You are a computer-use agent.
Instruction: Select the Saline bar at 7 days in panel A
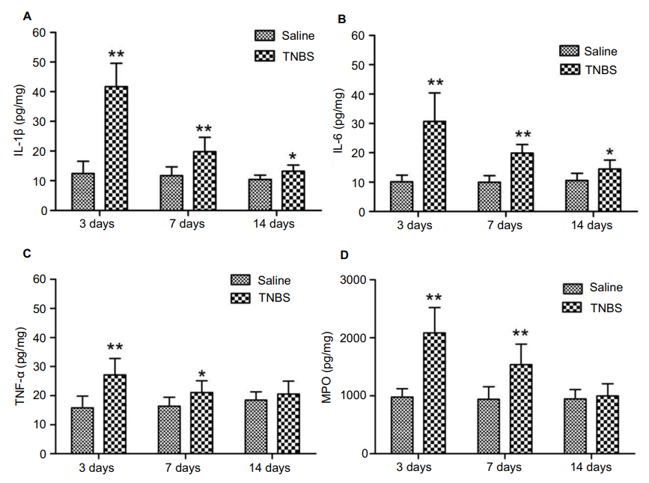coord(171,193)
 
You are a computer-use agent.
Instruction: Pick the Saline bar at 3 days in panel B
coord(401,197)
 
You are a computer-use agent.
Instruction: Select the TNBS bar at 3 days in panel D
coord(434,393)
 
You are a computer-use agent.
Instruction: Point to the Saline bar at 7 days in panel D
coord(490,426)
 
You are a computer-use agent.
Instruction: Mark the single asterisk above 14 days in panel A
coord(292,157)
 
